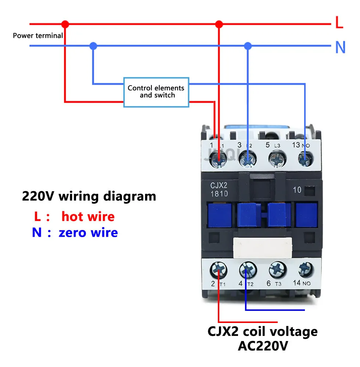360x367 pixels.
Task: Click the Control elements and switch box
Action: [x=156, y=92]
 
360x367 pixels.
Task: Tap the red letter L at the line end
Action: [x=339, y=23]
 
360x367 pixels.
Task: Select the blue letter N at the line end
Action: [x=340, y=47]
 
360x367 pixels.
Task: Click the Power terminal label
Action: [x=38, y=36]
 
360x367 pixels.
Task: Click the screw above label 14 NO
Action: [x=305, y=270]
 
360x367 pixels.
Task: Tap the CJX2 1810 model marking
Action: [x=219, y=190]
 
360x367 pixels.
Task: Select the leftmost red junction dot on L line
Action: [x=65, y=24]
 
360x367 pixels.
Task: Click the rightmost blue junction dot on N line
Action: [x=248, y=46]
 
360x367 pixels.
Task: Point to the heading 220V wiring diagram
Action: [x=89, y=196]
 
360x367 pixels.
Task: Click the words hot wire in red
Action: [x=88, y=217]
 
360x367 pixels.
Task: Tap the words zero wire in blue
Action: [x=88, y=233]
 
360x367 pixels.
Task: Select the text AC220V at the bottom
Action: [x=262, y=346]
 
